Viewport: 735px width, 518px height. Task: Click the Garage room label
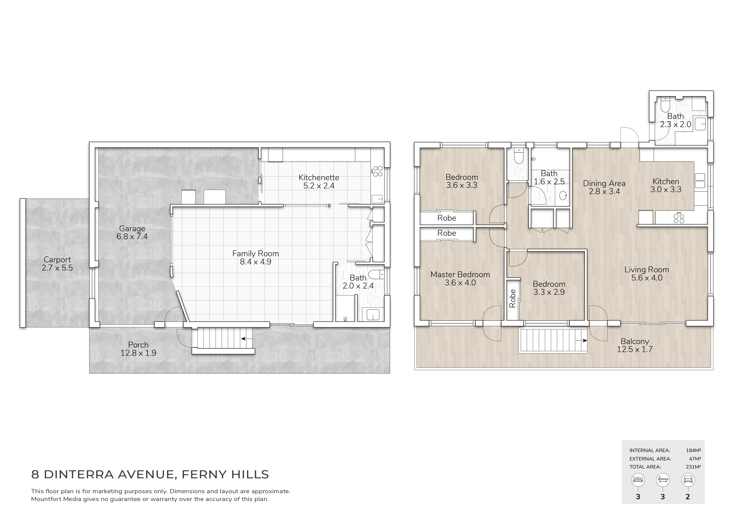pyautogui.click(x=132, y=233)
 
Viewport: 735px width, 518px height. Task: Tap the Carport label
pyautogui.click(x=57, y=264)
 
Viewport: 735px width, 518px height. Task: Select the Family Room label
pyautogui.click(x=255, y=258)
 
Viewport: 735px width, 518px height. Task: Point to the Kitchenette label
pyautogui.click(x=319, y=181)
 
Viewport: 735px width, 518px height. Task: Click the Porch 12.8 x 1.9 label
pyautogui.click(x=138, y=349)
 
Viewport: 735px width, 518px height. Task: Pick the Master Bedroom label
pyautogui.click(x=460, y=278)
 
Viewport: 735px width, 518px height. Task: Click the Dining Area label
pyautogui.click(x=604, y=187)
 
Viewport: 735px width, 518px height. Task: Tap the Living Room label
pyautogui.click(x=647, y=273)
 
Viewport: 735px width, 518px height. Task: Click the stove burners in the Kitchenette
pyautogui.click(x=378, y=171)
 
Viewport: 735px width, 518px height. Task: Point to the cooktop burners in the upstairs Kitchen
pyautogui.click(x=679, y=219)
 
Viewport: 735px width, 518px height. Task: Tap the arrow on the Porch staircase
pyautogui.click(x=247, y=339)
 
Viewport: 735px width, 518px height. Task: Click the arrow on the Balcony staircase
pyautogui.click(x=581, y=341)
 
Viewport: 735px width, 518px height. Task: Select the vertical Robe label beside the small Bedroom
pyautogui.click(x=512, y=298)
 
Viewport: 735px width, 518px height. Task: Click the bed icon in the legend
pyautogui.click(x=638, y=480)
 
